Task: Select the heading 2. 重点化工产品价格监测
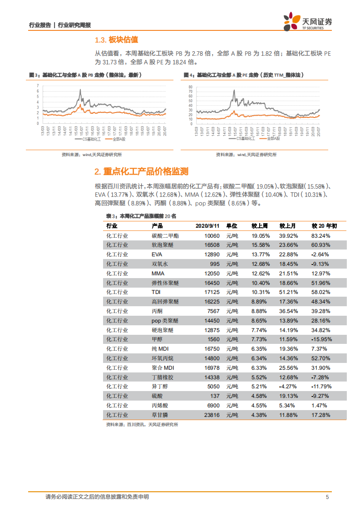pos(141,172)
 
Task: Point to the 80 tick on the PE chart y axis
pos(191,87)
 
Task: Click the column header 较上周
pos(260,225)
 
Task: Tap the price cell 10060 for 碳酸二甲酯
pos(212,235)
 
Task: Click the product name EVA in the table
pos(157,254)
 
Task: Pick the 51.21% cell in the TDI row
pos(289,292)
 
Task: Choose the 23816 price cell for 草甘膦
pos(212,415)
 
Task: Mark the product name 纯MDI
pos(163,348)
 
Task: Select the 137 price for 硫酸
pos(215,396)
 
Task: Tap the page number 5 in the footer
pos(327,497)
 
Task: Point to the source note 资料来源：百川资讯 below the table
pos(142,425)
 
